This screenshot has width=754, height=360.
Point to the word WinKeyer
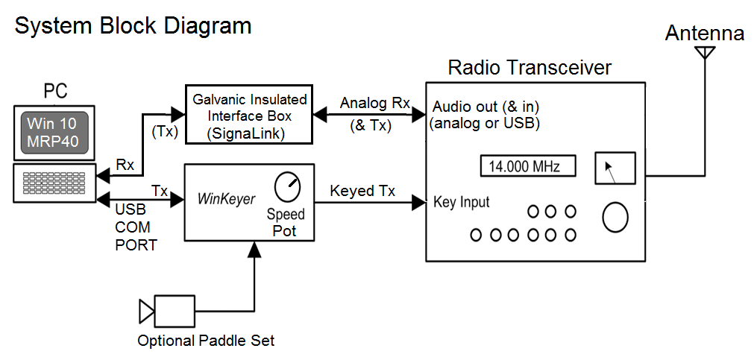tap(227, 199)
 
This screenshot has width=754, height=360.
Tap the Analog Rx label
tap(374, 103)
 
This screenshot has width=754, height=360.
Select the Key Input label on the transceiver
tap(462, 202)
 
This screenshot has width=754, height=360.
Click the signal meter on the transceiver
tap(615, 168)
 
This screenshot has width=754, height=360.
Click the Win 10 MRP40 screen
tap(53, 132)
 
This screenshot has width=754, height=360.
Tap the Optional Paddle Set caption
tap(206, 341)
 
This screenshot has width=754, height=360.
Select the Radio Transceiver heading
tap(530, 68)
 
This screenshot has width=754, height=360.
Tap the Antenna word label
tap(704, 34)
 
